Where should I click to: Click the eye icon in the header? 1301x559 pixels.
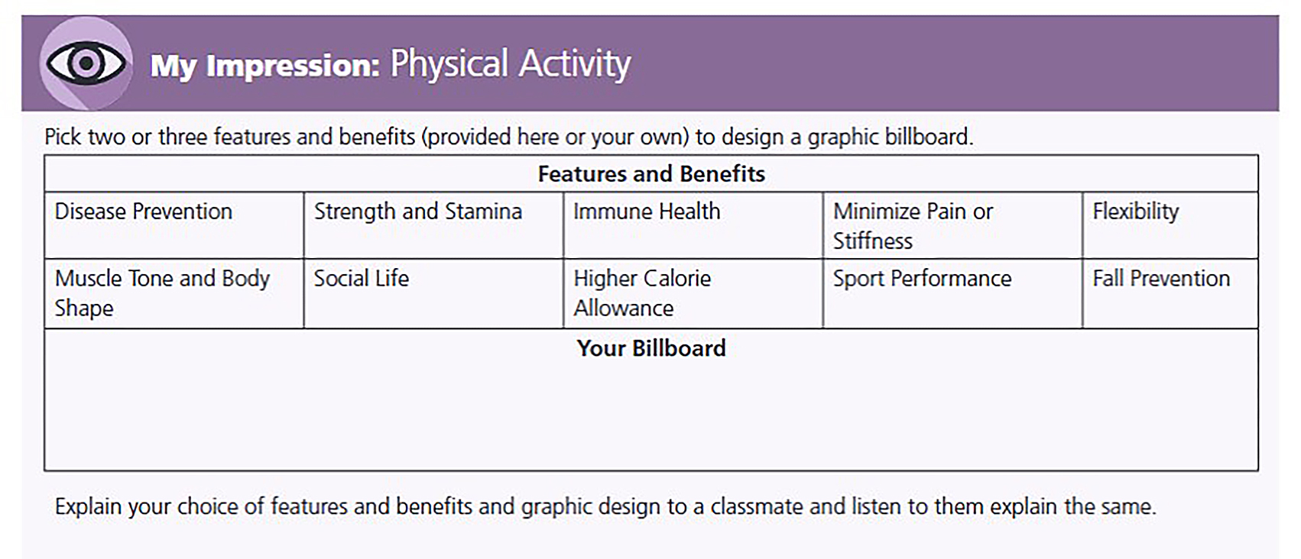pyautogui.click(x=86, y=63)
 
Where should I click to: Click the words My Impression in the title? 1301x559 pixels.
pyautogui.click(x=264, y=65)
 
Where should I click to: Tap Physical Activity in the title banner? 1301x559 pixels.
pyautogui.click(x=511, y=64)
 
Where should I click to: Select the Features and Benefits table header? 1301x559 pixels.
pyautogui.click(x=651, y=173)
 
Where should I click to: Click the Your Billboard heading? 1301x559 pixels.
pyautogui.click(x=651, y=348)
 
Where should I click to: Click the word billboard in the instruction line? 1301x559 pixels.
pyautogui.click(x=929, y=137)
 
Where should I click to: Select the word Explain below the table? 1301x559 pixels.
pyautogui.click(x=88, y=507)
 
